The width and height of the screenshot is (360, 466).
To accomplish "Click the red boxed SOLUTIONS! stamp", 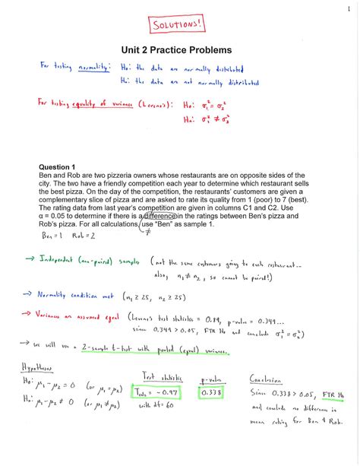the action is [179, 25].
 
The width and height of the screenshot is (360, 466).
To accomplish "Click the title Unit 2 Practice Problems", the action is [179, 50].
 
